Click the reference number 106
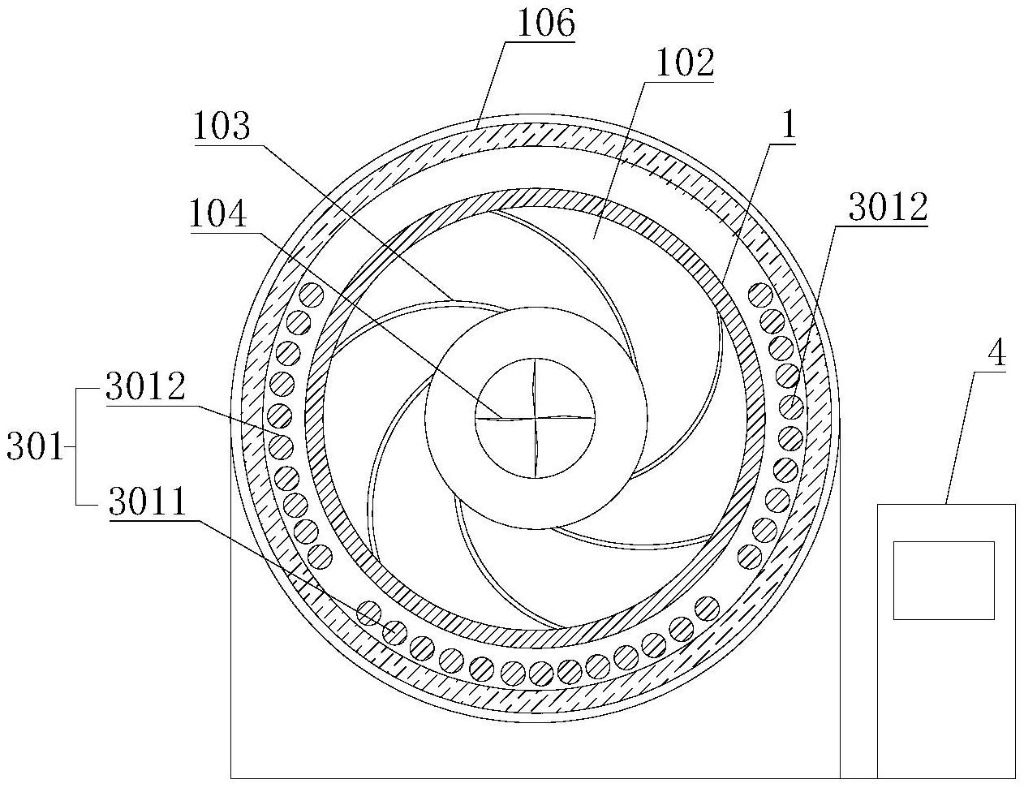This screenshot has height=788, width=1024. coord(546,23)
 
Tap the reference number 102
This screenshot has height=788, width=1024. coord(685,62)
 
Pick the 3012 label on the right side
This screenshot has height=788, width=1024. coord(888,208)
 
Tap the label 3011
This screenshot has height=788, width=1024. coord(147,502)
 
